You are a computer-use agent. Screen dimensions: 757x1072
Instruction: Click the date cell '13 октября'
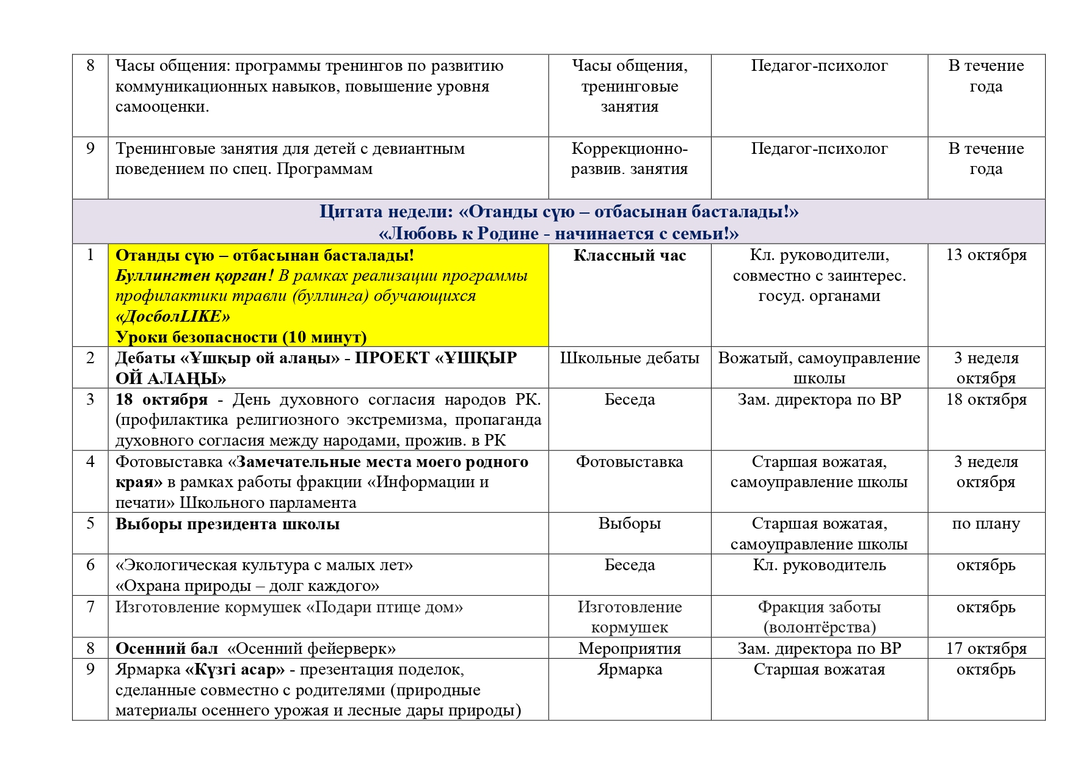986,255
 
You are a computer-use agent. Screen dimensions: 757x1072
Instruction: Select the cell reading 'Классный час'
629,256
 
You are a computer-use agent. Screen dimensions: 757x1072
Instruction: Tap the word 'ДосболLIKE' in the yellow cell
173,317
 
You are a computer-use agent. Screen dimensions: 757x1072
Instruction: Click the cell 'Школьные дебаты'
629,358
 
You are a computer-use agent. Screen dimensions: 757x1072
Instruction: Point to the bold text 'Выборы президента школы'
227,524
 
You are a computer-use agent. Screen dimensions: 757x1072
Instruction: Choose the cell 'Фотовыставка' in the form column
629,462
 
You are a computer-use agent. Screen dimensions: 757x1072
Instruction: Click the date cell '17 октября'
986,648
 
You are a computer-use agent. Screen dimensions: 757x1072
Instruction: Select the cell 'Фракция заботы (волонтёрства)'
819,617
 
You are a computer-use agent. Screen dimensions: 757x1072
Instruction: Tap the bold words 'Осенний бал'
166,648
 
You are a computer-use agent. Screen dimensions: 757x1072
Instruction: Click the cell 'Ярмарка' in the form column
629,670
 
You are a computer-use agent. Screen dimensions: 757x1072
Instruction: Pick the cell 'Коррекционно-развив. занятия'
629,159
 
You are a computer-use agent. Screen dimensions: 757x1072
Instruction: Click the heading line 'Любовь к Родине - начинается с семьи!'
558,234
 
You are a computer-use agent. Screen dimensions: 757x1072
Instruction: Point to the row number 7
90,607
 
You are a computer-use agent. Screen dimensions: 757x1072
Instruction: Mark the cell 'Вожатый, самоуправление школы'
819,368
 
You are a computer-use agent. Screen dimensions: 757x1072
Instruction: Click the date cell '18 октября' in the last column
986,400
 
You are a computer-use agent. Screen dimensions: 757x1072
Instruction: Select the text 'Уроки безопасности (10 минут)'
241,337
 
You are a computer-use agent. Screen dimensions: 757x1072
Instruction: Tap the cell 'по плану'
986,524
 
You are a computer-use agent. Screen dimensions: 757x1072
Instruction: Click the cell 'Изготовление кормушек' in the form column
629,617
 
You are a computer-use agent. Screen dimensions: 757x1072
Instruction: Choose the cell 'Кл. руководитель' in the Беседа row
819,565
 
